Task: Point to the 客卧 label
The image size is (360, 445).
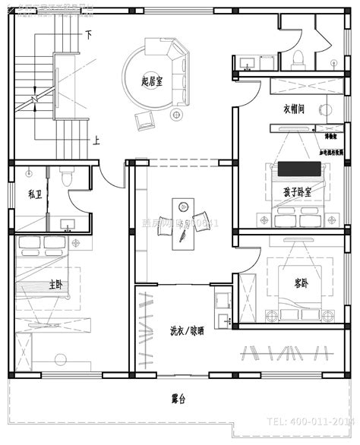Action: click(301, 283)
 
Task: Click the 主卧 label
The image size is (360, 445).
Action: click(56, 286)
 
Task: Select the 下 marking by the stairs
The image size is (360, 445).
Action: click(88, 35)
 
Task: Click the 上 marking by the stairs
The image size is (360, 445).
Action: click(96, 140)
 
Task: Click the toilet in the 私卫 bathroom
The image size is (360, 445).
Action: click(67, 177)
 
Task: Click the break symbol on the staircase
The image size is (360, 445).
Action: click(35, 99)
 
